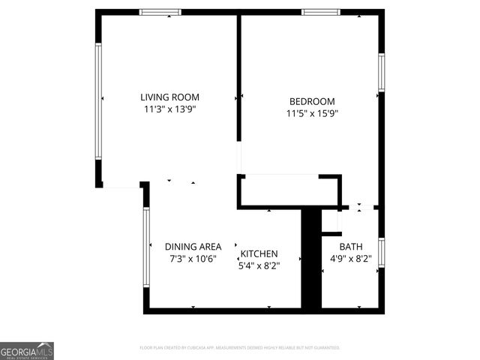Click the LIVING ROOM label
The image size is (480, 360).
170,97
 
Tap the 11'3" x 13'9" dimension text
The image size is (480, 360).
170,109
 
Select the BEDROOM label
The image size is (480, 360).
312,101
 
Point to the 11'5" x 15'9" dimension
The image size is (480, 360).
312,114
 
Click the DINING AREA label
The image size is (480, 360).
193,247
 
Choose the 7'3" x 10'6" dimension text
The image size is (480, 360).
193,259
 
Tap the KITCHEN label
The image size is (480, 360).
259,253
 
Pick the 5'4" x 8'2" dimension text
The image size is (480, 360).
259,265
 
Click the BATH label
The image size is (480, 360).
350,247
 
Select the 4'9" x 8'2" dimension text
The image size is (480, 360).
350,259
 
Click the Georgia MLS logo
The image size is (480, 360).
27,351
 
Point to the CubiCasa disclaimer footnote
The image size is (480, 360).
240,348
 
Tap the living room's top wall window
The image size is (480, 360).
160,12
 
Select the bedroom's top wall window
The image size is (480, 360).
321,12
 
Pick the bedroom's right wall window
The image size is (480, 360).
381,73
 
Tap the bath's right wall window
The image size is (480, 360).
381,252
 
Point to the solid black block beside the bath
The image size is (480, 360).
310,259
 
